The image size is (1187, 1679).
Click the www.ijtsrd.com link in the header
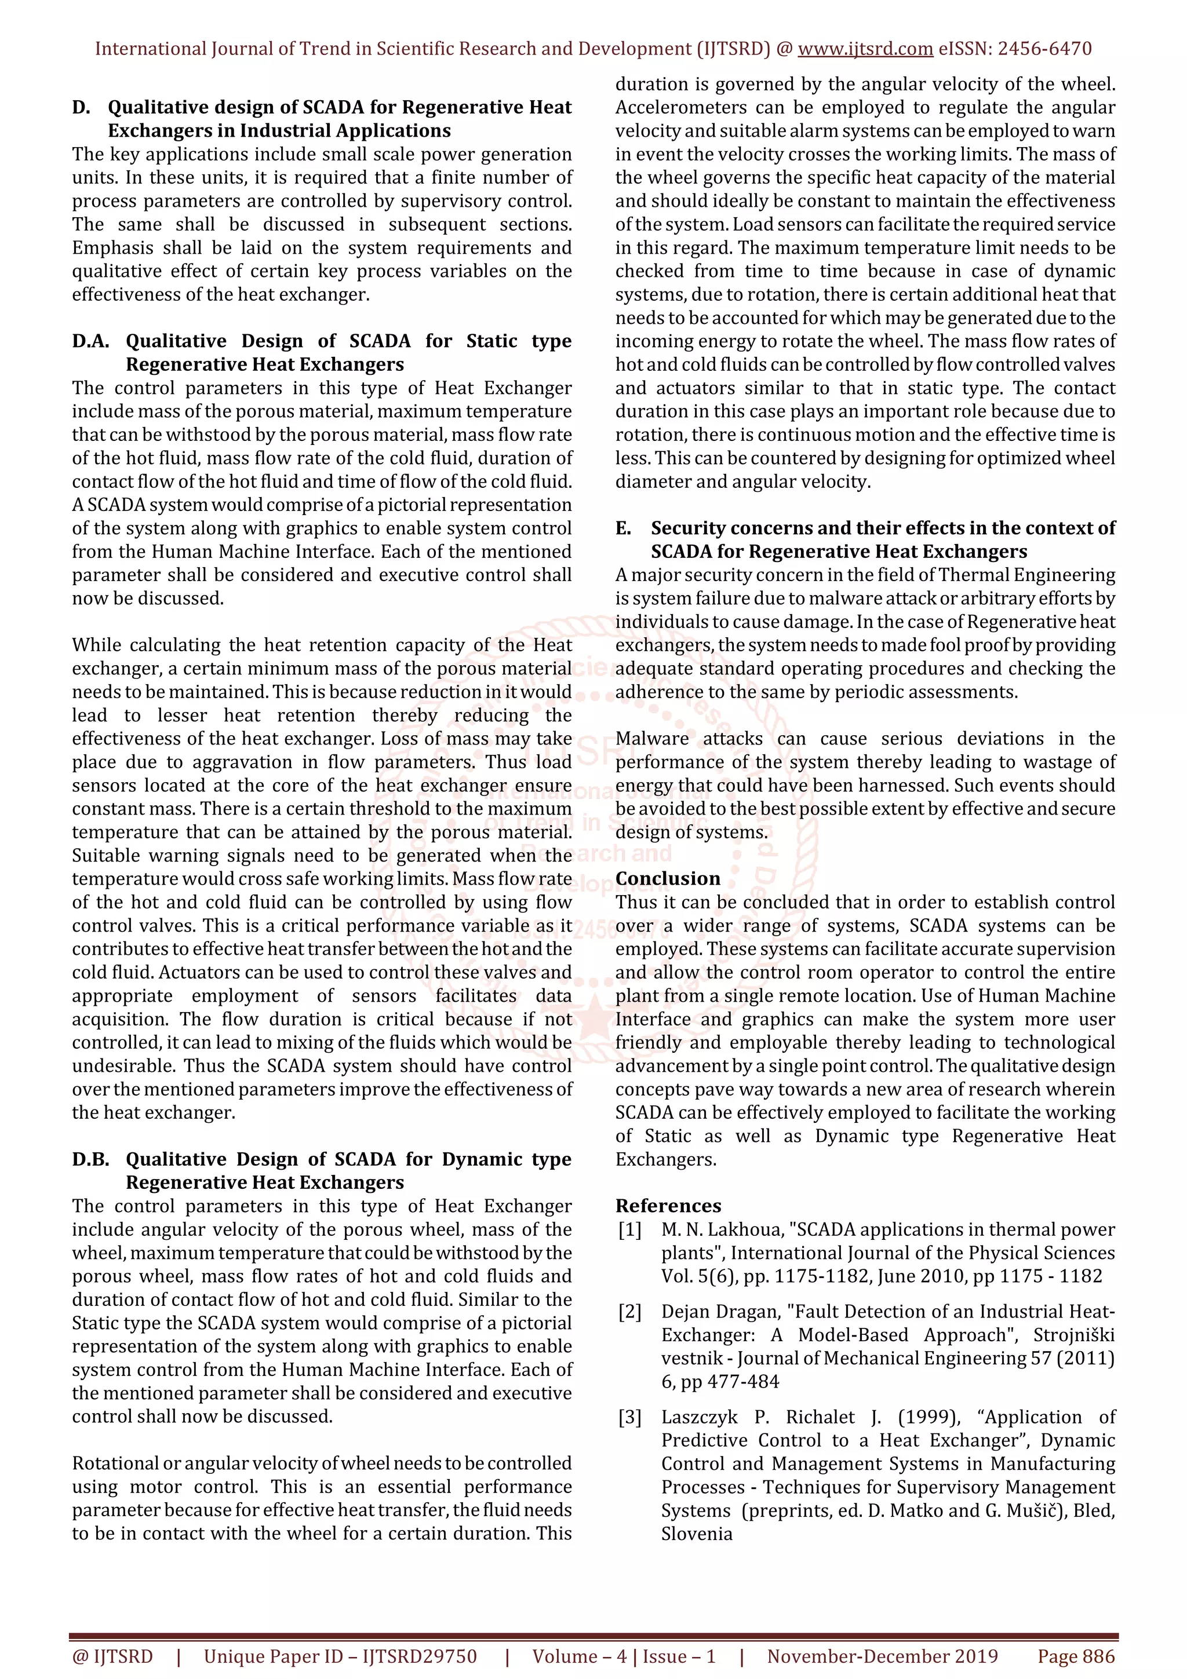click(x=865, y=49)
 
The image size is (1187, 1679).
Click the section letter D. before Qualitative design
click(x=81, y=108)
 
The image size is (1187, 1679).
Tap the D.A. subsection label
click(x=90, y=341)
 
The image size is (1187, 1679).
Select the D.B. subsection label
click(x=90, y=1160)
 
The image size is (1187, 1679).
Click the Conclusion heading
click(x=667, y=879)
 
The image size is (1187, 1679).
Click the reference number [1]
click(x=629, y=1230)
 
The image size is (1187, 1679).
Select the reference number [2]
click(x=629, y=1312)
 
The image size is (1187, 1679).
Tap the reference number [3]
click(x=629, y=1417)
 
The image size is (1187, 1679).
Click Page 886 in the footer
click(x=1076, y=1656)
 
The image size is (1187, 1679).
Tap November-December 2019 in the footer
click(x=882, y=1656)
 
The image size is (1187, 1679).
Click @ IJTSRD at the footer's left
click(x=112, y=1656)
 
